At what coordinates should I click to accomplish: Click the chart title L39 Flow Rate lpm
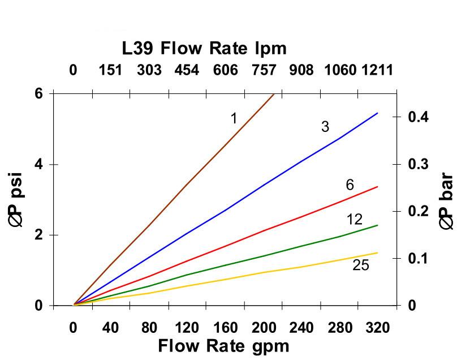coord(204,48)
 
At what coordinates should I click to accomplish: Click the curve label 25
coord(360,264)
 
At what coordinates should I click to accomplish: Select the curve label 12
coord(354,220)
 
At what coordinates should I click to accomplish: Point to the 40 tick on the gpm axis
coord(111,328)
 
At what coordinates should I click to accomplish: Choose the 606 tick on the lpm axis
coord(225,70)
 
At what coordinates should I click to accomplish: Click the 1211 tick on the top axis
coord(377,70)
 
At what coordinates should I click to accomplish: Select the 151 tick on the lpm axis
coord(111,70)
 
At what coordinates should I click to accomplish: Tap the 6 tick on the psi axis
coord(38,93)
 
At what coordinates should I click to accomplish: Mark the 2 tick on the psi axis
coord(38,235)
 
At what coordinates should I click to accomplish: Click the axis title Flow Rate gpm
coord(223,345)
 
